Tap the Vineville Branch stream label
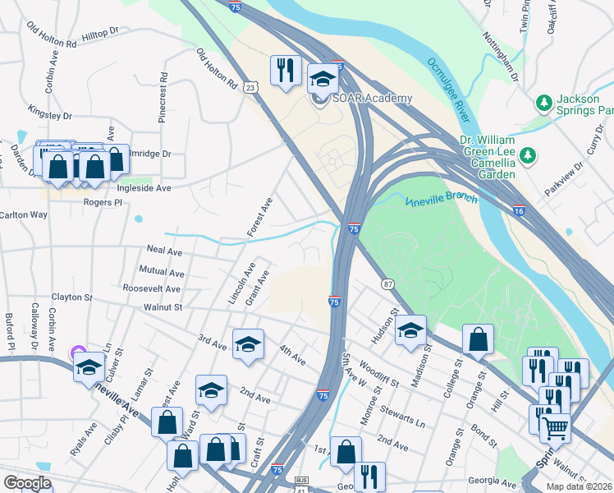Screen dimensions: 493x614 tap(442, 200)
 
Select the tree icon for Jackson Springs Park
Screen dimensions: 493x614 tap(543, 103)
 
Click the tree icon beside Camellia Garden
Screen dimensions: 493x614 tap(529, 154)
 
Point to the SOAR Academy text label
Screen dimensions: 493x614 tap(371, 99)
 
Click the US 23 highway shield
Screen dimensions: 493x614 tap(250, 85)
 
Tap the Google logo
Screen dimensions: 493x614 tap(27, 483)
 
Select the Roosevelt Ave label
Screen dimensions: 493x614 tap(151, 288)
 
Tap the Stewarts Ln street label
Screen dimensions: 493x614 tap(408, 415)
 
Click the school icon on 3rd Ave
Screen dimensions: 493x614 tap(248, 344)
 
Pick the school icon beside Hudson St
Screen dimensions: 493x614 tap(411, 330)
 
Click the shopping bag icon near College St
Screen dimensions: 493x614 tap(478, 339)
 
